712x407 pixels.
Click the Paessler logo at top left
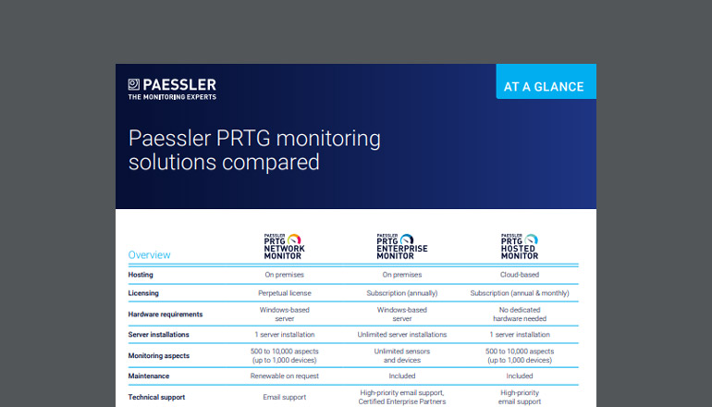tap(172, 88)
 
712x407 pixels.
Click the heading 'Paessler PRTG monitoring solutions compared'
tap(253, 151)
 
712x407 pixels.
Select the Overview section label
tap(149, 254)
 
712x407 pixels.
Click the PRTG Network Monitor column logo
tap(284, 246)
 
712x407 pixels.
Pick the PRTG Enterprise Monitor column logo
tap(401, 246)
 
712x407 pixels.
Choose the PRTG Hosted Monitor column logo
tap(519, 246)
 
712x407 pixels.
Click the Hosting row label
tap(141, 275)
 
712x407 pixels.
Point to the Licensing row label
tap(143, 293)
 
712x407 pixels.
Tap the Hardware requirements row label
tap(166, 314)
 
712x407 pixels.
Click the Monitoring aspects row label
tap(160, 356)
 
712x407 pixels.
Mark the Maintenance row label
tap(151, 376)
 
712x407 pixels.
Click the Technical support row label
tap(156, 397)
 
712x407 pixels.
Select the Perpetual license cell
tap(284, 293)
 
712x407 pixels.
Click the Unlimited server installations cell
tap(401, 335)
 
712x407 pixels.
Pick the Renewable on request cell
tap(284, 376)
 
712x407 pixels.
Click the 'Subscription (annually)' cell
tap(401, 293)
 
